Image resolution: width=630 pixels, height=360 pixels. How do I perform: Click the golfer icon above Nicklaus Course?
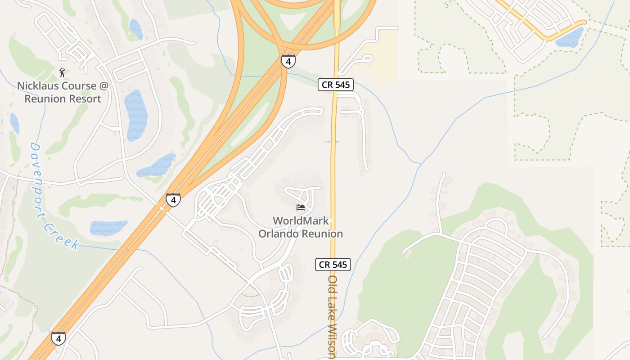tap(62, 72)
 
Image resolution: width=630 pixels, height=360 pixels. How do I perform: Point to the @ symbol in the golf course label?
tap(104, 86)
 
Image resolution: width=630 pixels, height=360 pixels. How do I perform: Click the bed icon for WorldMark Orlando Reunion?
tap(301, 207)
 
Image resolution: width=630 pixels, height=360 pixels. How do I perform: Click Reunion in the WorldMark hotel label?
tap(322, 234)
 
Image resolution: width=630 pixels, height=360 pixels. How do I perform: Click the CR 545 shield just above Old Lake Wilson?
tap(333, 265)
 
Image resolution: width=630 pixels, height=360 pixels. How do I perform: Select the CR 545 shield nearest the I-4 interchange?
tap(336, 85)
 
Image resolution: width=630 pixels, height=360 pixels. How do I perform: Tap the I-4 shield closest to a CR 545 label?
tap(288, 61)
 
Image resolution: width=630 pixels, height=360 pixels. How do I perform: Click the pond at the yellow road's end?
tap(570, 38)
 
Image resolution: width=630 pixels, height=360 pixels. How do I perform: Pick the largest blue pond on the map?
tap(135, 115)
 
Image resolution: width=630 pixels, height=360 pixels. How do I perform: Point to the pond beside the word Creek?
tap(108, 228)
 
